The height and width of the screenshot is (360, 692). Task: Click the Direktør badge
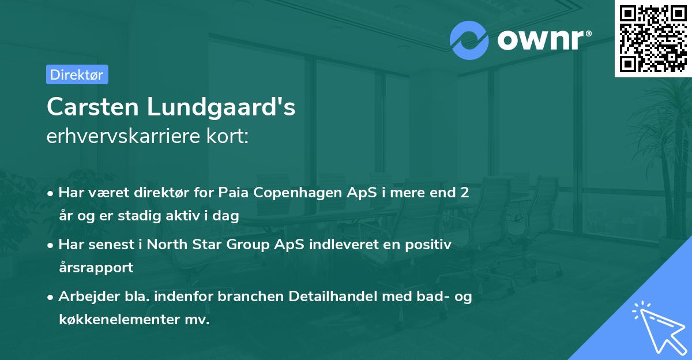pyautogui.click(x=77, y=74)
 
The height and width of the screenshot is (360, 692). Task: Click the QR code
pyautogui.click(x=652, y=38)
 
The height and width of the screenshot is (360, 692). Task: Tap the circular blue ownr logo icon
pyautogui.click(x=470, y=40)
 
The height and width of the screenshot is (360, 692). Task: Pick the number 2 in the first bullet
pyautogui.click(x=464, y=193)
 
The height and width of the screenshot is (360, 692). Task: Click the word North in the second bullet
pyautogui.click(x=168, y=244)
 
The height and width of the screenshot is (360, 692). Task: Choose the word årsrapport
pyautogui.click(x=96, y=268)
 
